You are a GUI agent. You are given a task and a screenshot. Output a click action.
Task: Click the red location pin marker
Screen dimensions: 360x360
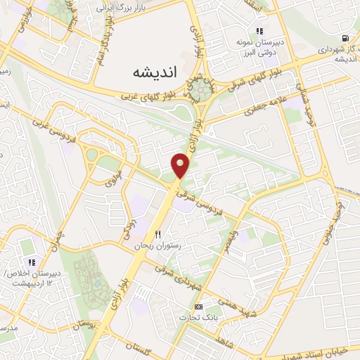click(x=181, y=166)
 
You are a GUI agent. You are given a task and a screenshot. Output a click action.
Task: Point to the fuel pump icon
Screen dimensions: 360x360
click(x=344, y=38)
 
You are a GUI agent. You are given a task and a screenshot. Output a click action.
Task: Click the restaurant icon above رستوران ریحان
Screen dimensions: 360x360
click(x=158, y=233)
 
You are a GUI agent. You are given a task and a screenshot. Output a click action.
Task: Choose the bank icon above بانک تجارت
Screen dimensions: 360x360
click(x=198, y=307)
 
